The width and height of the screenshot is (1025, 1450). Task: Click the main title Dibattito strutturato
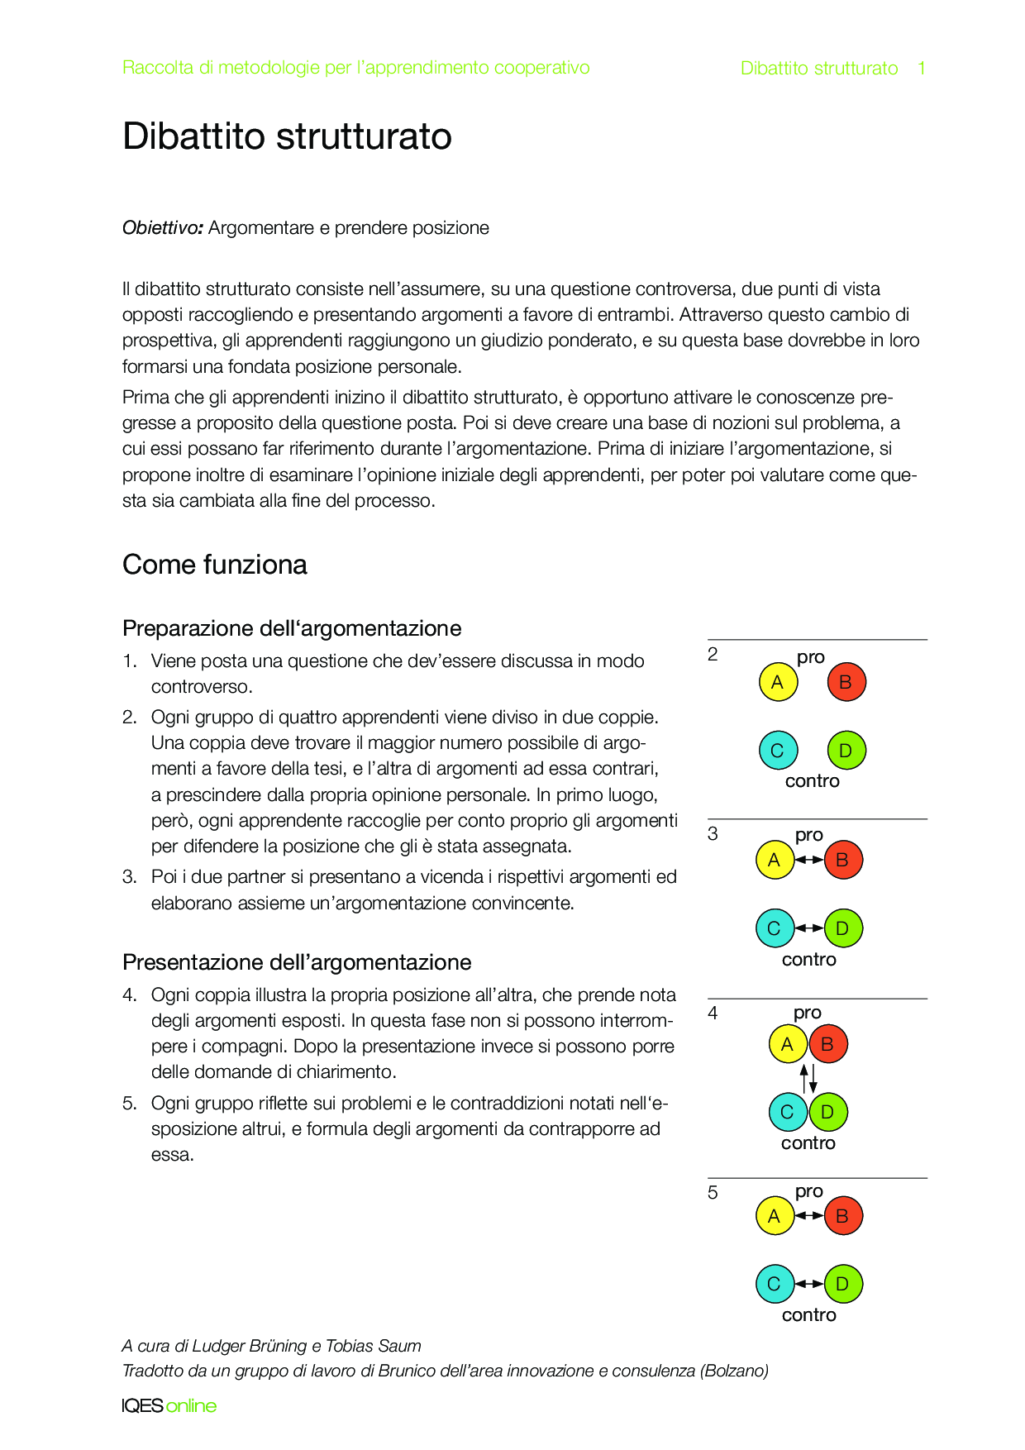pyautogui.click(x=287, y=136)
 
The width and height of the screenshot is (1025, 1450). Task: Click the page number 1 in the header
pyautogui.click(x=922, y=69)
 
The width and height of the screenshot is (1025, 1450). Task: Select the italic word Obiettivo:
pyautogui.click(x=163, y=228)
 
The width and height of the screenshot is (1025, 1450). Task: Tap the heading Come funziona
pyautogui.click(x=215, y=565)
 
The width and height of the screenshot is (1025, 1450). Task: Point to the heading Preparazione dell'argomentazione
pyautogui.click(x=292, y=628)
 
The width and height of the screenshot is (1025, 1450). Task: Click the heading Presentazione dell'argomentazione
pyautogui.click(x=297, y=962)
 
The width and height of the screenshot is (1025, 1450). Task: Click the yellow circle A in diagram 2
pyautogui.click(x=778, y=682)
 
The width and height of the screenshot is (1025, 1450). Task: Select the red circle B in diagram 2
pyautogui.click(x=846, y=682)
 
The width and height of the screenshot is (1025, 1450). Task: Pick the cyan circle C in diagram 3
pyautogui.click(x=775, y=928)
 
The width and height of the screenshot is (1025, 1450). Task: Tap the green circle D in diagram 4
pyautogui.click(x=827, y=1112)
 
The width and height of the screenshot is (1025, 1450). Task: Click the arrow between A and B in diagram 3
pyautogui.click(x=808, y=860)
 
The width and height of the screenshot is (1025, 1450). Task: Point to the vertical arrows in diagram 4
pyautogui.click(x=808, y=1079)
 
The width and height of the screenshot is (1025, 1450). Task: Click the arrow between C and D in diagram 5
pyautogui.click(x=808, y=1284)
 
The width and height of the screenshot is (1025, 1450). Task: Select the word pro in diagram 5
pyautogui.click(x=809, y=1192)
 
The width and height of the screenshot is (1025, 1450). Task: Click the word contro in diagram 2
pyautogui.click(x=812, y=781)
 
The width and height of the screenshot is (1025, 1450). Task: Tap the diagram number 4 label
pyautogui.click(x=713, y=1014)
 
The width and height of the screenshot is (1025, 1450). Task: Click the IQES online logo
pyautogui.click(x=169, y=1405)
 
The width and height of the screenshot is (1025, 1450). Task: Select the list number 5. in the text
pyautogui.click(x=129, y=1104)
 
